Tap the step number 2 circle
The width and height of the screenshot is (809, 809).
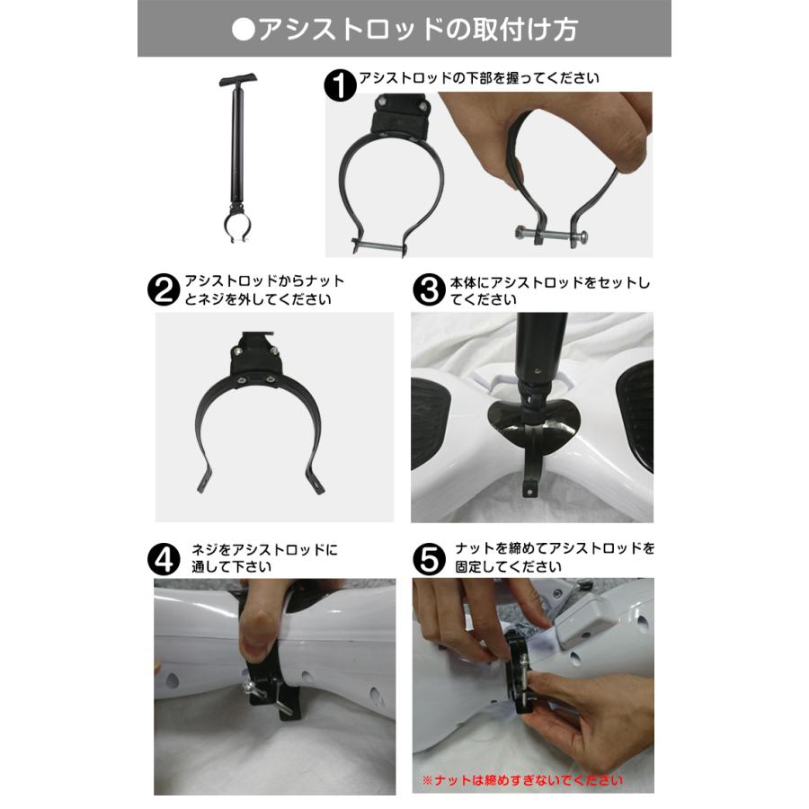(x=164, y=290)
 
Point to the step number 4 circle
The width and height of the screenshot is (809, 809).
(x=164, y=559)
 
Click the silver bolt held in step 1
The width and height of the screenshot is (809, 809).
(x=550, y=236)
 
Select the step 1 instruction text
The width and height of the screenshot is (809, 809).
(x=478, y=79)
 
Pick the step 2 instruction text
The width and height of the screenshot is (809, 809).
(x=264, y=290)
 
